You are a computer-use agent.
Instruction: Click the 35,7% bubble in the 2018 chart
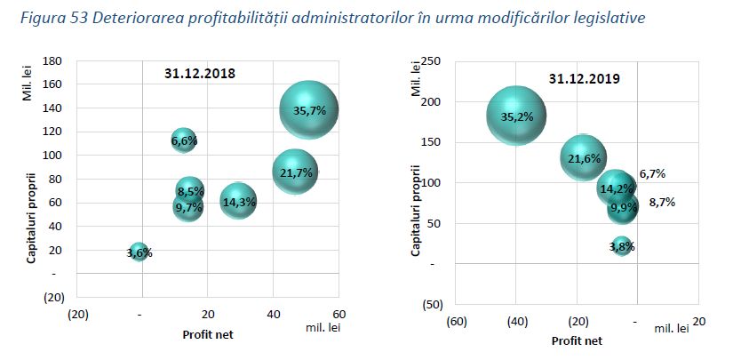click(x=309, y=109)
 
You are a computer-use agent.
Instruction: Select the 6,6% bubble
click(x=183, y=140)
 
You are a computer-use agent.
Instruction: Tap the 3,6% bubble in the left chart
click(x=139, y=252)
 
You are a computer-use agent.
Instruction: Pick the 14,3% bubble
click(x=239, y=202)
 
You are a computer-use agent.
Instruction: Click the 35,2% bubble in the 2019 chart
click(x=516, y=116)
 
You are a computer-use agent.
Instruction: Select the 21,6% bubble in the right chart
click(x=584, y=158)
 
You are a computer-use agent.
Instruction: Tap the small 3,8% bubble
click(x=622, y=246)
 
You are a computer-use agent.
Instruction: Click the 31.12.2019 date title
click(x=584, y=78)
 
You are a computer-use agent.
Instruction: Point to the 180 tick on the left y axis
click(x=52, y=60)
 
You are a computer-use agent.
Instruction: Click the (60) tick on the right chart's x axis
click(x=458, y=321)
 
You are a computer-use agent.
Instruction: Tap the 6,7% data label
click(x=652, y=173)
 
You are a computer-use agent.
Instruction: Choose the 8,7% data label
click(x=661, y=202)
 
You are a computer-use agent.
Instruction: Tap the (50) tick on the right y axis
click(x=432, y=305)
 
